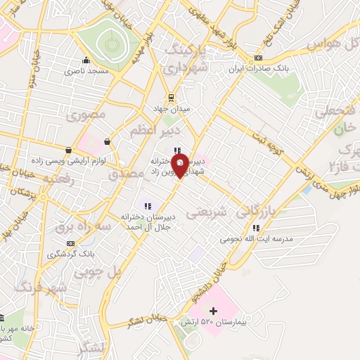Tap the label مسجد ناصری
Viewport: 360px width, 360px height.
[x=86, y=72]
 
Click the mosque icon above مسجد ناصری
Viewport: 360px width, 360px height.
[x=86, y=60]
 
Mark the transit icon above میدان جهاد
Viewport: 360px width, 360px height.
[x=169, y=98]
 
